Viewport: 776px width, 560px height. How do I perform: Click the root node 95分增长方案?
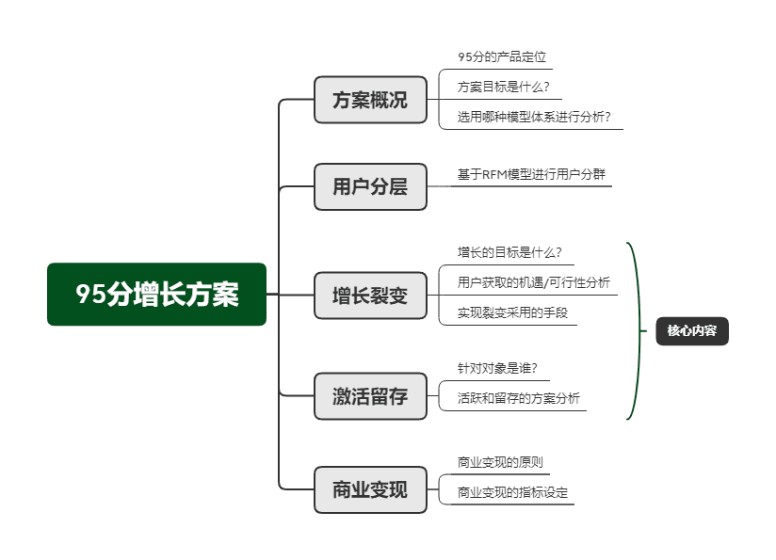[157, 295]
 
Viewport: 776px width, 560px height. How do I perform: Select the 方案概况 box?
[370, 99]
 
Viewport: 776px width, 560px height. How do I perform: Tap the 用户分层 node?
[370, 186]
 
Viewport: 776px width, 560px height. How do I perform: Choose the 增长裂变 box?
[370, 296]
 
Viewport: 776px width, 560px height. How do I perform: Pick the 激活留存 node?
[370, 396]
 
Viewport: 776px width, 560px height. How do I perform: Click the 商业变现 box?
[370, 489]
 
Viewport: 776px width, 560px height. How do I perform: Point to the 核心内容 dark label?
[691, 330]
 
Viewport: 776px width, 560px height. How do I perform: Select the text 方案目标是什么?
[503, 88]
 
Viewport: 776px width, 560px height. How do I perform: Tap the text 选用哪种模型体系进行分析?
[534, 118]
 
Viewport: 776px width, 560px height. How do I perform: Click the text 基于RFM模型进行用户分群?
[531, 174]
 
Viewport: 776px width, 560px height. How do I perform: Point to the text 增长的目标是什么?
[509, 252]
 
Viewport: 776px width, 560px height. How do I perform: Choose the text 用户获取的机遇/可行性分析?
[533, 282]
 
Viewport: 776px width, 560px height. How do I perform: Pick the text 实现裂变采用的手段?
[512, 312]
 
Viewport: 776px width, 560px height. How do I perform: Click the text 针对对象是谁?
[497, 368]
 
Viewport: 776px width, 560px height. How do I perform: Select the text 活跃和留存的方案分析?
[518, 398]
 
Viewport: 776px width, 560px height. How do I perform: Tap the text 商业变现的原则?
[500, 462]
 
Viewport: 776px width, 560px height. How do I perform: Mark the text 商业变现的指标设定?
[512, 492]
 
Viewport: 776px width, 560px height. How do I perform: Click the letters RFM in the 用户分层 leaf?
[494, 174]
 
